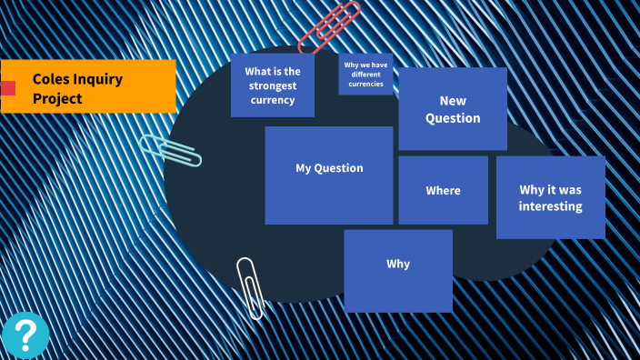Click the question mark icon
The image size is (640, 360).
coord(25,335)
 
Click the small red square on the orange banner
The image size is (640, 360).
coord(8,88)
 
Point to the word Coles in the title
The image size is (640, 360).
coord(51,79)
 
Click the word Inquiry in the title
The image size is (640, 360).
coord(98,80)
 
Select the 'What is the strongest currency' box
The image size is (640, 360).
coord(273,85)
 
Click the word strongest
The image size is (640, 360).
coord(273,86)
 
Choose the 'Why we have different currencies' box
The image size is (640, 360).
coord(365,75)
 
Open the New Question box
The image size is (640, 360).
coord(453,108)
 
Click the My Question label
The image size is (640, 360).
coord(329,168)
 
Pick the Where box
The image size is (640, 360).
coord(444,190)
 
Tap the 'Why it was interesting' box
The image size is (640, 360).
coord(551,197)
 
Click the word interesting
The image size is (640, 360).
coord(551,206)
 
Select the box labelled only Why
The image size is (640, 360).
coord(398,271)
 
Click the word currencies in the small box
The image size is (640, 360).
coord(365,84)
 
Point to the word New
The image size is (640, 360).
coord(453,101)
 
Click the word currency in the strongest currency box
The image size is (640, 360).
coord(273,100)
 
